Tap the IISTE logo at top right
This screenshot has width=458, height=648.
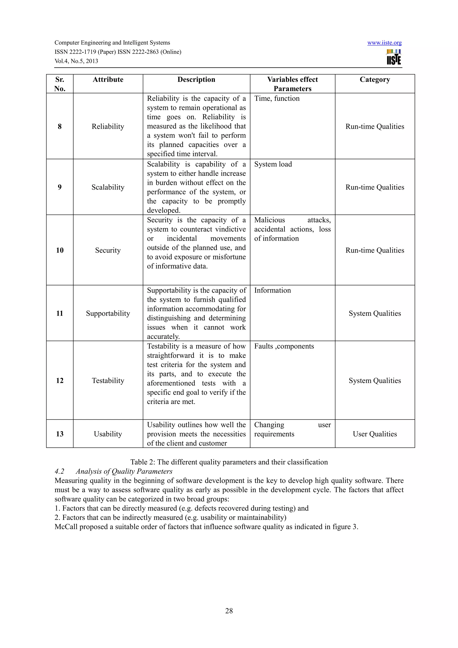[x=394, y=57]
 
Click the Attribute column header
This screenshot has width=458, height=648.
[x=108, y=80]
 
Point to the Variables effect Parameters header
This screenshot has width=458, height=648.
[x=292, y=84]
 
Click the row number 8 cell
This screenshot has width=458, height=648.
[x=59, y=126]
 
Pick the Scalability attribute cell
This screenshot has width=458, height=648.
[x=108, y=187]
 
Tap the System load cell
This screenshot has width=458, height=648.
[x=273, y=164]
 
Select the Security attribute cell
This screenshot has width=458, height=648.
[x=108, y=250]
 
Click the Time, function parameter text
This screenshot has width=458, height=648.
[x=277, y=99]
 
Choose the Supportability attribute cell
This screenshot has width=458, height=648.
[x=108, y=313]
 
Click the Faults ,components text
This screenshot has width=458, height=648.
[x=284, y=346]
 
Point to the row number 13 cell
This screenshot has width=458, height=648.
[x=59, y=434]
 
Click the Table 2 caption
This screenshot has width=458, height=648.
[x=229, y=462]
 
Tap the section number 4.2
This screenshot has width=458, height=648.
[x=59, y=471]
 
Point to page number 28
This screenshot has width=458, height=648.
[x=229, y=611]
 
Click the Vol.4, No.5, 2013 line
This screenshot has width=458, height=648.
[x=76, y=61]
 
